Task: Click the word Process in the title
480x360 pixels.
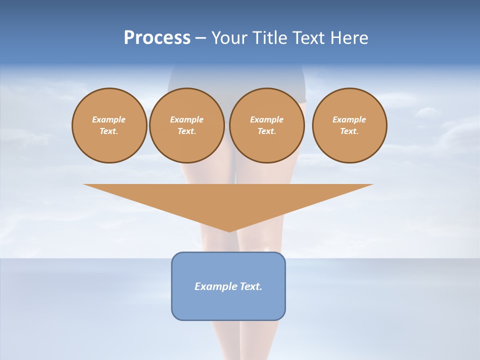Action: (x=157, y=38)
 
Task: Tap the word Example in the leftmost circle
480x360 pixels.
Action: (x=109, y=119)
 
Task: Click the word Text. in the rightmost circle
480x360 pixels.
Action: (x=349, y=131)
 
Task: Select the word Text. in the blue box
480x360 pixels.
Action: (x=251, y=286)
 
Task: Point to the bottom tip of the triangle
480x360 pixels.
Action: (x=228, y=230)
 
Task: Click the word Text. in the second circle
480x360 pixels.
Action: (x=187, y=131)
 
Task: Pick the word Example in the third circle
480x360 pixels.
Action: (x=266, y=119)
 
